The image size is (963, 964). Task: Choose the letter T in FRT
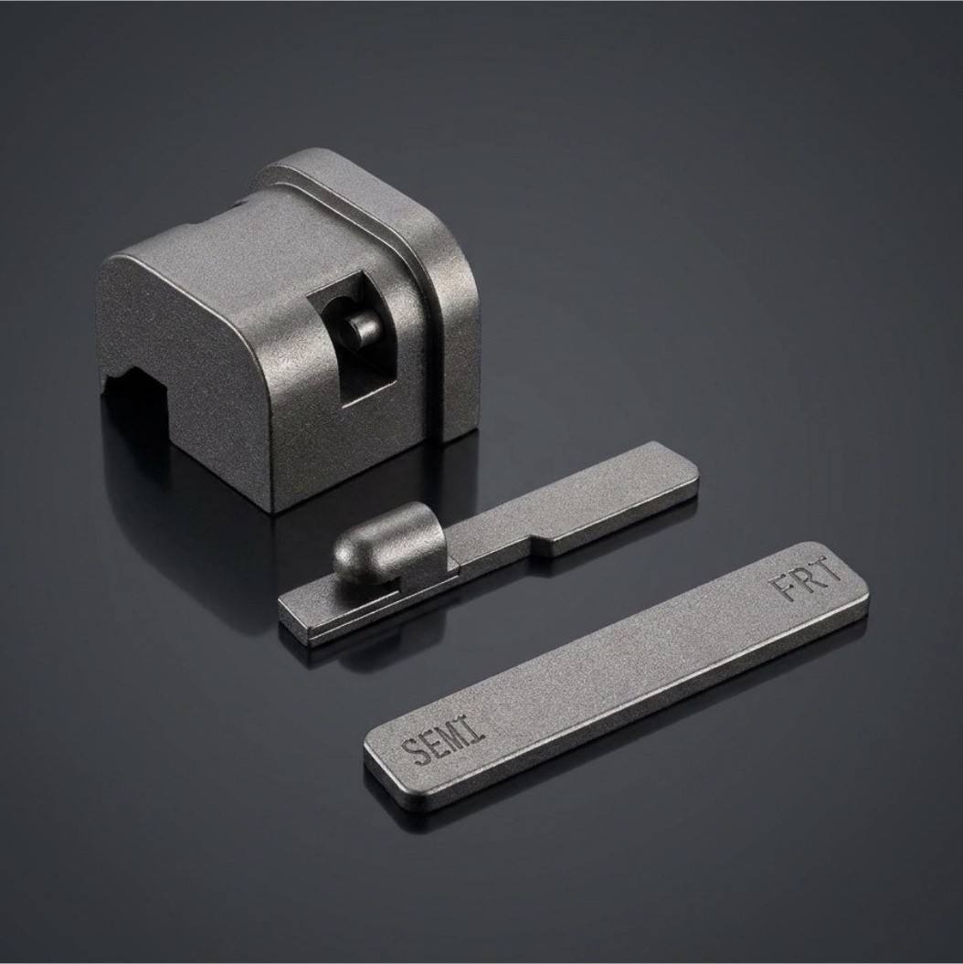coord(830,568)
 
